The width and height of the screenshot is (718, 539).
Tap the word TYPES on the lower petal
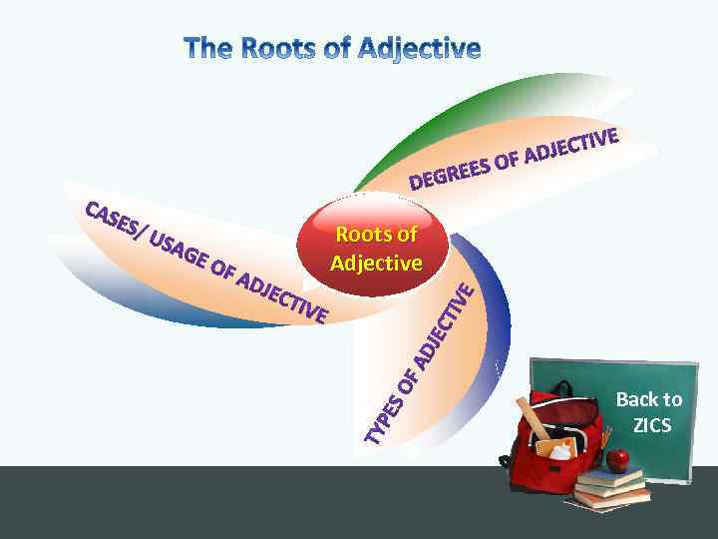pos(385,417)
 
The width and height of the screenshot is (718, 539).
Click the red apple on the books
pos(619,460)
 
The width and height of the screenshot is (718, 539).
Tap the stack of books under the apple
pos(611,488)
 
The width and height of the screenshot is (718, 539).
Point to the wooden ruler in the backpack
pos(532,419)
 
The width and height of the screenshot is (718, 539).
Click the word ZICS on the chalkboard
pos(652,426)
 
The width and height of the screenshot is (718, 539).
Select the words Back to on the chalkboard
pos(649,399)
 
